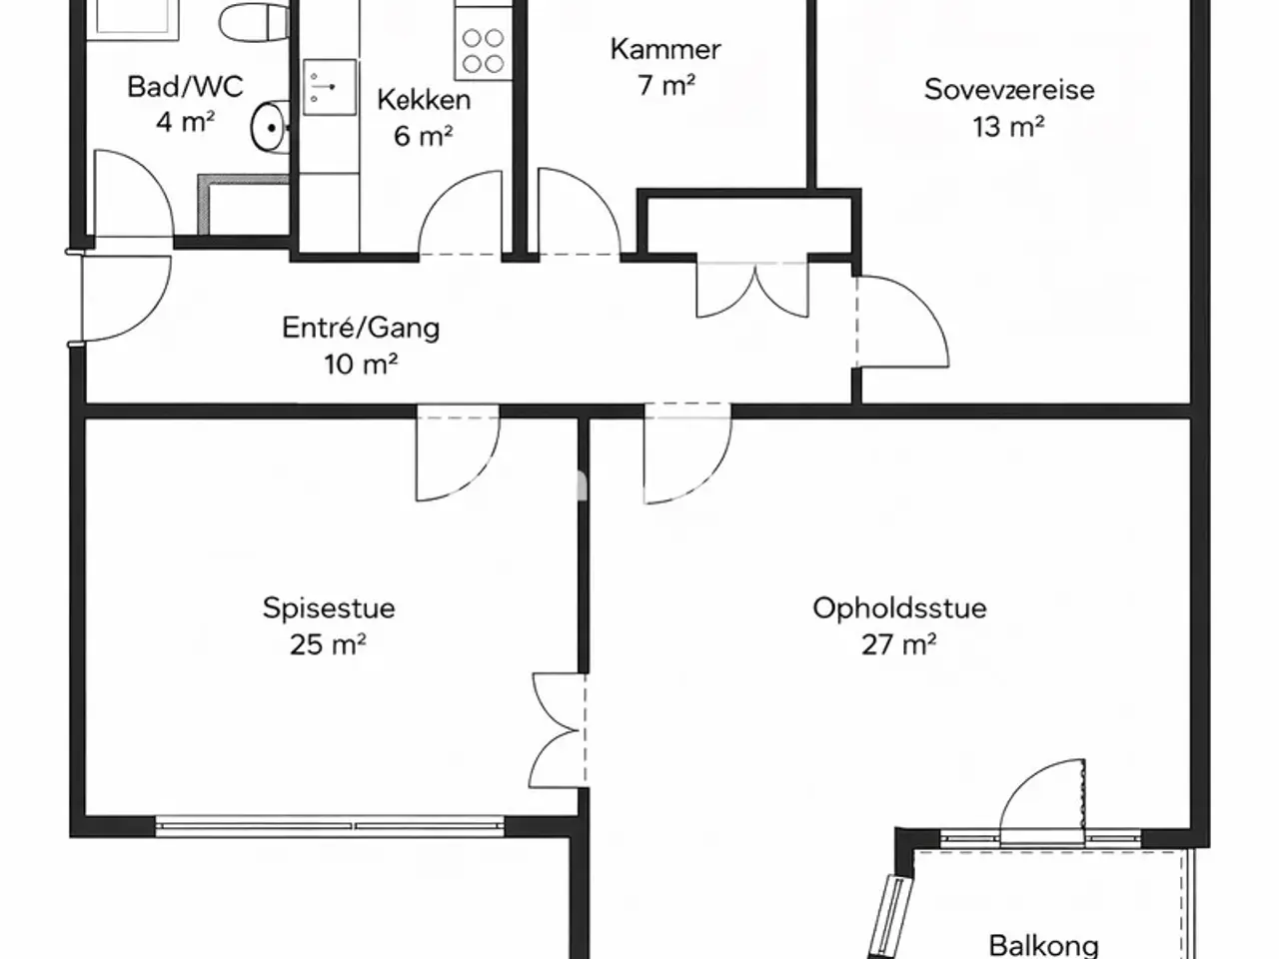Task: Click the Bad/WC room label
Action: pos(185,87)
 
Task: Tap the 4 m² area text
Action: pos(185,122)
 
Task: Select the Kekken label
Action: pos(424,100)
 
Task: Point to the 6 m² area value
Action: pos(424,136)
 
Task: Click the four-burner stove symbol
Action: pos(483,51)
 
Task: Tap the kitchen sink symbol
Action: pos(329,87)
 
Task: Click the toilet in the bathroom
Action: pos(255,22)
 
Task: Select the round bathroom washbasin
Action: pos(271,127)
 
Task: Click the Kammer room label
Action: pos(665,50)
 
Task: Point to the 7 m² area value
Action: pos(666,86)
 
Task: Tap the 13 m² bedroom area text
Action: pos(1008,126)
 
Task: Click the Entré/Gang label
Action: pos(361,328)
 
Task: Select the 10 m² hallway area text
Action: pos(361,365)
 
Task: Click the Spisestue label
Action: pos(329,609)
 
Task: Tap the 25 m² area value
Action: pos(328,645)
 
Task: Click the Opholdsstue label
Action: pos(899,609)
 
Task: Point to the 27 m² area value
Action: pos(899,645)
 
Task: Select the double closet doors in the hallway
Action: pos(752,290)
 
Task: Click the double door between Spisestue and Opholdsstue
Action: pos(558,731)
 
